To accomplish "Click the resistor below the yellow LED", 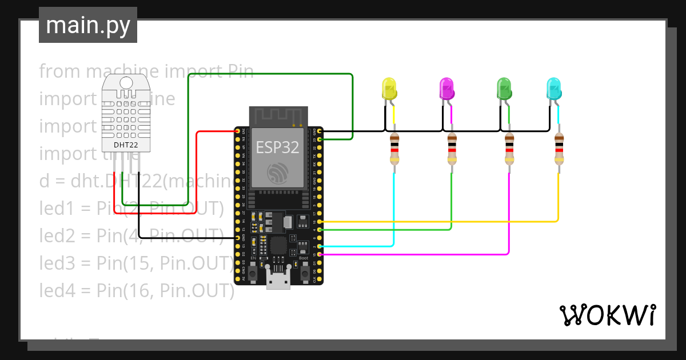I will (394, 150).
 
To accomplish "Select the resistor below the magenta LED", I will (452, 150).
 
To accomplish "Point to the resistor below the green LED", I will (509, 150).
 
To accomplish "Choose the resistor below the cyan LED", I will (559, 150).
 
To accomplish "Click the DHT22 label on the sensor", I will (125, 145).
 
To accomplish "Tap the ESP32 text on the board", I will (277, 147).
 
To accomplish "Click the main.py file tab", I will (88, 26).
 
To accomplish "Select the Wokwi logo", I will (607, 315).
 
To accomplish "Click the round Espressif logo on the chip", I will (278, 172).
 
